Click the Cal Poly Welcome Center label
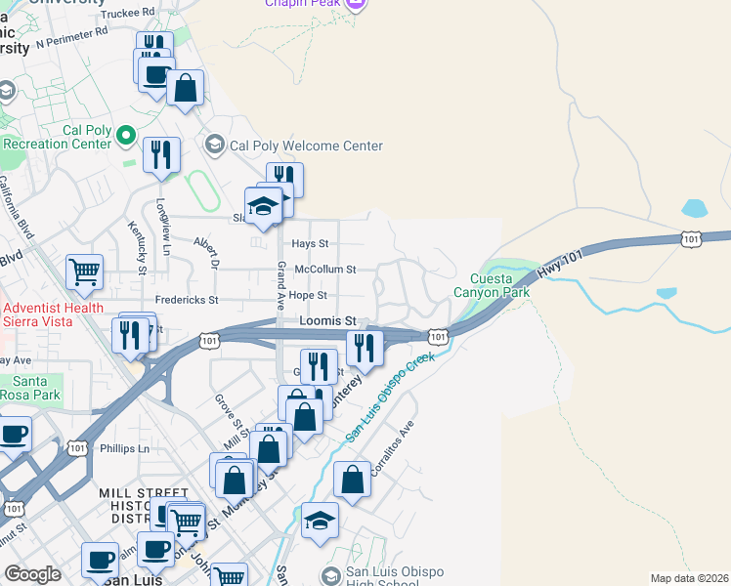pyautogui.click(x=306, y=146)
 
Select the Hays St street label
pyautogui.click(x=311, y=243)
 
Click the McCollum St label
pyautogui.click(x=325, y=269)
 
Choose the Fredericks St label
pyautogui.click(x=187, y=299)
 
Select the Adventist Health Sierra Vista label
pyautogui.click(x=53, y=315)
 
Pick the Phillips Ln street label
pyautogui.click(x=124, y=448)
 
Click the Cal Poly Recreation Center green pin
pyautogui.click(x=125, y=134)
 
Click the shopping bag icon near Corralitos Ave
pyautogui.click(x=353, y=480)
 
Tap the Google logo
pyautogui.click(x=32, y=574)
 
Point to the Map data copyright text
pyautogui.click(x=690, y=578)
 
